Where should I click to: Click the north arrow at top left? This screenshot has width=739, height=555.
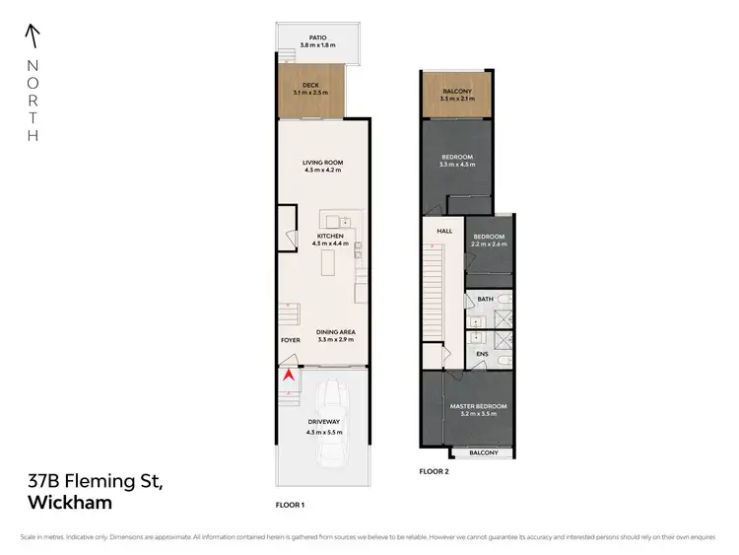[33, 36]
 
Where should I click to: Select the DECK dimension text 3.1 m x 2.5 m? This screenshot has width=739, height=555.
[310, 92]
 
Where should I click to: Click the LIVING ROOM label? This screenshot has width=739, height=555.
[323, 163]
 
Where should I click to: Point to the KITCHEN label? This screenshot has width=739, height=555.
[329, 237]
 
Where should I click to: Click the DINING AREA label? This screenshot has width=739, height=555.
[336, 332]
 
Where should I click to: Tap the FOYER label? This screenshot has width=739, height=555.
[290, 340]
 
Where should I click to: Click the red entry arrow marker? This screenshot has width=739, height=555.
[290, 375]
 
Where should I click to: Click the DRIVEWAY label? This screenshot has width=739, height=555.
[323, 426]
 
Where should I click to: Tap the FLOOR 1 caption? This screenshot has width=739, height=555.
[290, 504]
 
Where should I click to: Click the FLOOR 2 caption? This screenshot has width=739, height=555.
[433, 471]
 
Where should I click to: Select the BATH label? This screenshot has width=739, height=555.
[485, 299]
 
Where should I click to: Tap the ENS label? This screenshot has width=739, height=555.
[483, 353]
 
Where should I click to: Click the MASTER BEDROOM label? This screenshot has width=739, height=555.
[478, 406]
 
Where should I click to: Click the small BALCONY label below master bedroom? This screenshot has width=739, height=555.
[483, 452]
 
